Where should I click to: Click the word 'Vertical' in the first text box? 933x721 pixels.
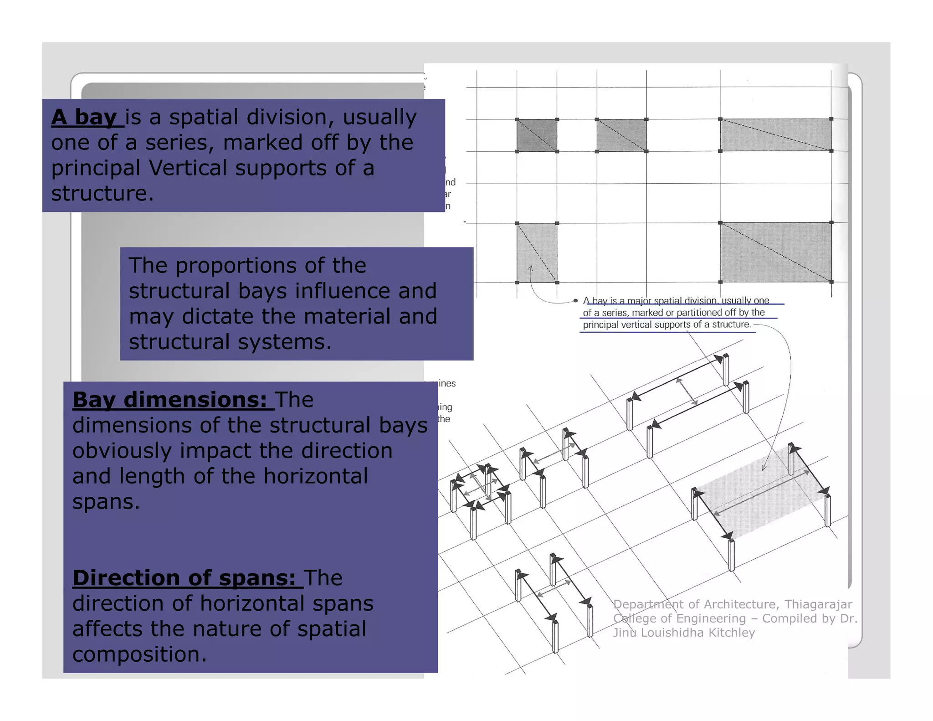(x=188, y=168)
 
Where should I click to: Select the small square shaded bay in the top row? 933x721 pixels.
(x=536, y=135)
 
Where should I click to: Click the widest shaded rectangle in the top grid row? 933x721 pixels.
(x=775, y=135)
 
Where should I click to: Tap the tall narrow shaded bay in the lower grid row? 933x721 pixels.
(x=536, y=252)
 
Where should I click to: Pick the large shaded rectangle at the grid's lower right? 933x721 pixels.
(x=775, y=252)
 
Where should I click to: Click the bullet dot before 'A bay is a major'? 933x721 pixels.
(x=575, y=301)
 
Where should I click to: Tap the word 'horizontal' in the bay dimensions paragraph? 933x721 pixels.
(x=315, y=477)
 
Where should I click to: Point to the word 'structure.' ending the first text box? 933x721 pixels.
(x=102, y=194)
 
